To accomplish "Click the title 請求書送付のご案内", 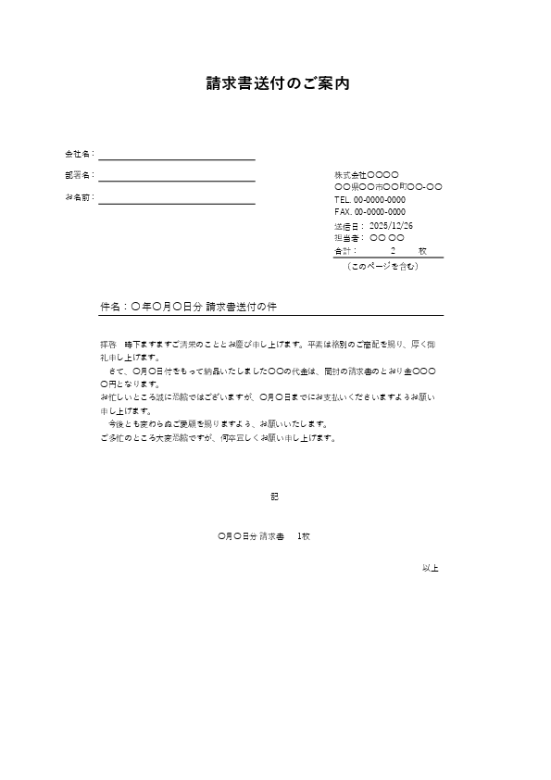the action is point(277,83).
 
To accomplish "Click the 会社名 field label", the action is point(78,153).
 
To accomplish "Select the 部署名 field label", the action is point(78,175).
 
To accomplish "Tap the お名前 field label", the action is point(78,197).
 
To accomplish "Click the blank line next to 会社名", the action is point(176,158).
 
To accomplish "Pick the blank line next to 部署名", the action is point(176,180).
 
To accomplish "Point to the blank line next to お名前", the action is point(176,202).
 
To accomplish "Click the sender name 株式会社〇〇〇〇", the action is point(366,174).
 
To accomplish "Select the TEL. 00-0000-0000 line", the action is point(369,199).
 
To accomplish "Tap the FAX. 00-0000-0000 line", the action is point(369,211).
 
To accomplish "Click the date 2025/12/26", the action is point(391,225).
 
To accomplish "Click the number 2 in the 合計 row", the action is point(393,250).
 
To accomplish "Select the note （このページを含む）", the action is point(382,266).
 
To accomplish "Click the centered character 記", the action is point(274,497).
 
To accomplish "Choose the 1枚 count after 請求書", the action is point(303,536).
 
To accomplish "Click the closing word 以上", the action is point(430,567).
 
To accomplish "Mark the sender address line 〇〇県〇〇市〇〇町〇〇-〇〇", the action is point(387,187).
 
